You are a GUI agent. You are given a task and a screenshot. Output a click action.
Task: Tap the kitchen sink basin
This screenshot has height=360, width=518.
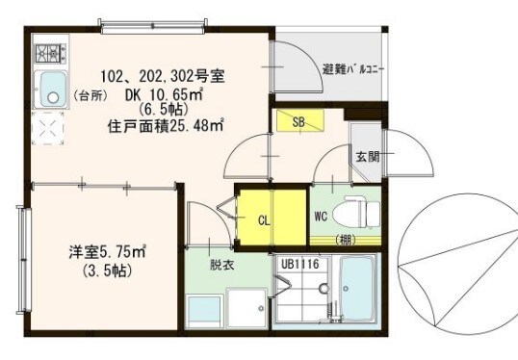[x=49, y=89]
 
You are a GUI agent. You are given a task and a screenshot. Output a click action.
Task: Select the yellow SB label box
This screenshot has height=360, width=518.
[x=298, y=121]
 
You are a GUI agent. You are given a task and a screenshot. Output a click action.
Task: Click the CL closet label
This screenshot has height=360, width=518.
[x=262, y=219]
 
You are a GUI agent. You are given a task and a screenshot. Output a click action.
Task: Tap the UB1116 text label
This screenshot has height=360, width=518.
[x=299, y=262]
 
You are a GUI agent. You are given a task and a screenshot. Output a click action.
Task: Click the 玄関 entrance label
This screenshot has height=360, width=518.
[x=366, y=156]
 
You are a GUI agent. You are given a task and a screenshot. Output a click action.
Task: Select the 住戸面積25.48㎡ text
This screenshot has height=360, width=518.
[x=166, y=123]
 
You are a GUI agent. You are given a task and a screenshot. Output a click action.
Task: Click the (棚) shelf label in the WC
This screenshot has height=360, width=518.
[x=344, y=239]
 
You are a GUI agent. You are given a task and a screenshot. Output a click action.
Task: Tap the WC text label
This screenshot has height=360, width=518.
[x=321, y=216]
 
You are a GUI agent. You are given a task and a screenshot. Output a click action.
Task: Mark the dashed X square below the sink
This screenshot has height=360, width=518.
[x=49, y=128]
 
